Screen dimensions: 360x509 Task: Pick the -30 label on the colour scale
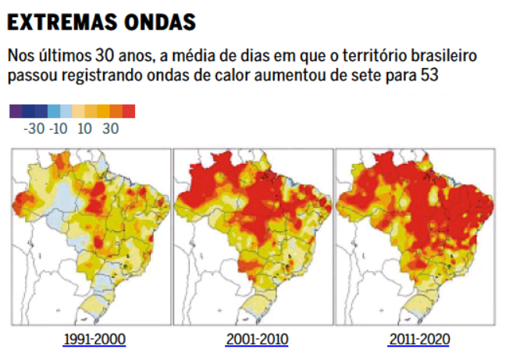tap(34, 129)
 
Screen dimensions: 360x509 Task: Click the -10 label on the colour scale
tap(59, 129)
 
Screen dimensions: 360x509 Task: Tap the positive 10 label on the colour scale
tap(85, 129)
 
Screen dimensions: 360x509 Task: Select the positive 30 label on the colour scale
tap(110, 129)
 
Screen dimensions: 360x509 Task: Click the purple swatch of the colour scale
tap(16, 111)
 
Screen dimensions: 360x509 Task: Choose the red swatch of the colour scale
tap(129, 111)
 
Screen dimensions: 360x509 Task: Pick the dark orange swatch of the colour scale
tap(116, 111)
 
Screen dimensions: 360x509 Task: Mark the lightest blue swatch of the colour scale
tap(66, 111)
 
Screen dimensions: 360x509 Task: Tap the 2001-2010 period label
tap(257, 340)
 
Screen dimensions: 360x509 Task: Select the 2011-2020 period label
tap(418, 340)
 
